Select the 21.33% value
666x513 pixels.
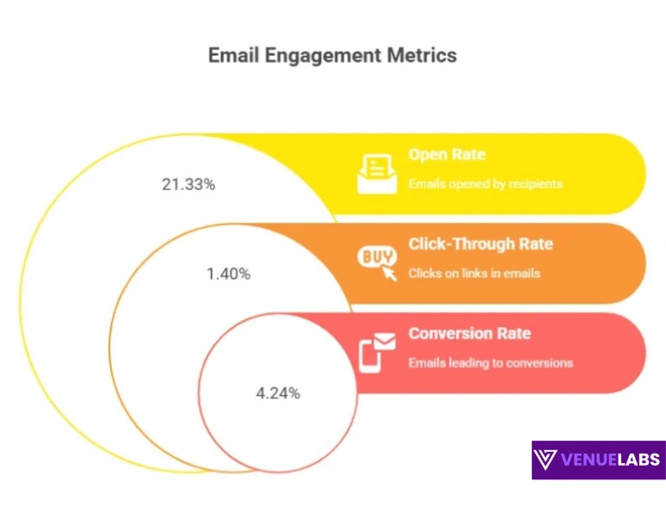coord(188,184)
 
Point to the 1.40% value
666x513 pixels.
coord(228,274)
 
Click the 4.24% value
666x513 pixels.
coord(278,393)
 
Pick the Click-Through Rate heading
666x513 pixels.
coord(480,244)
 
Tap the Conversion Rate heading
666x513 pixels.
coord(469,333)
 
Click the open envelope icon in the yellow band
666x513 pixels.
coord(377,173)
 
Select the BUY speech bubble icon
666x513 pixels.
coord(375,256)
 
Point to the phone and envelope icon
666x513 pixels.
coord(377,351)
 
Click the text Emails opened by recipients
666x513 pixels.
coord(485,184)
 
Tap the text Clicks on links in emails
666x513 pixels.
coord(474,273)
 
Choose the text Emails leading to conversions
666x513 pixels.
coord(490,362)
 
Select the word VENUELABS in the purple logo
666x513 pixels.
coord(612,460)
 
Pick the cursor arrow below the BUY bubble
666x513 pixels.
coord(390,274)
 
